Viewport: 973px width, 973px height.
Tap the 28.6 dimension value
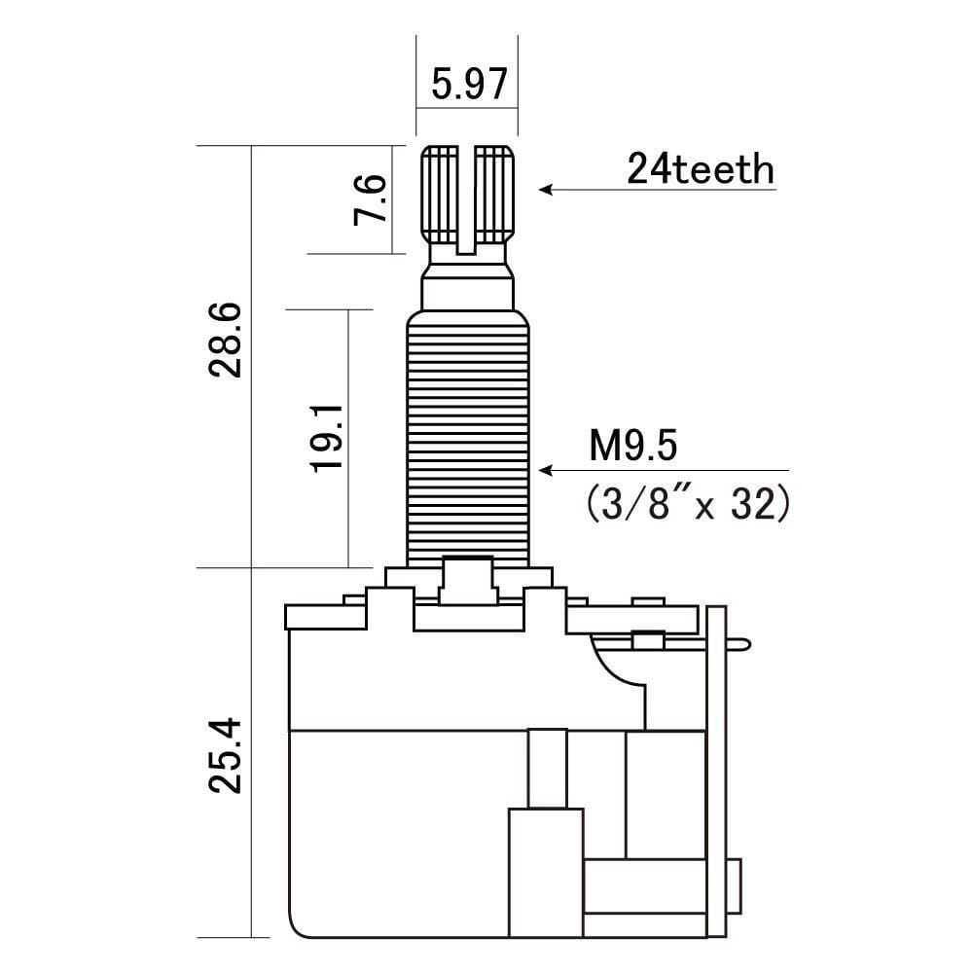point(225,340)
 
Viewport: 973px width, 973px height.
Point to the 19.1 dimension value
point(329,439)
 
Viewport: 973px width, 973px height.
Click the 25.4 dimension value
point(225,757)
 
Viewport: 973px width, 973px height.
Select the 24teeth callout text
point(701,170)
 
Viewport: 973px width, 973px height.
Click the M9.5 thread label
point(631,449)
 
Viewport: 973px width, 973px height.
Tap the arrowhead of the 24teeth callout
point(546,190)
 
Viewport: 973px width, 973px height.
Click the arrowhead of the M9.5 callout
point(546,470)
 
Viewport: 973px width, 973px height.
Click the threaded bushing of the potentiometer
point(468,438)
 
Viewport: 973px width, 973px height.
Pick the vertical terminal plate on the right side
point(717,769)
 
